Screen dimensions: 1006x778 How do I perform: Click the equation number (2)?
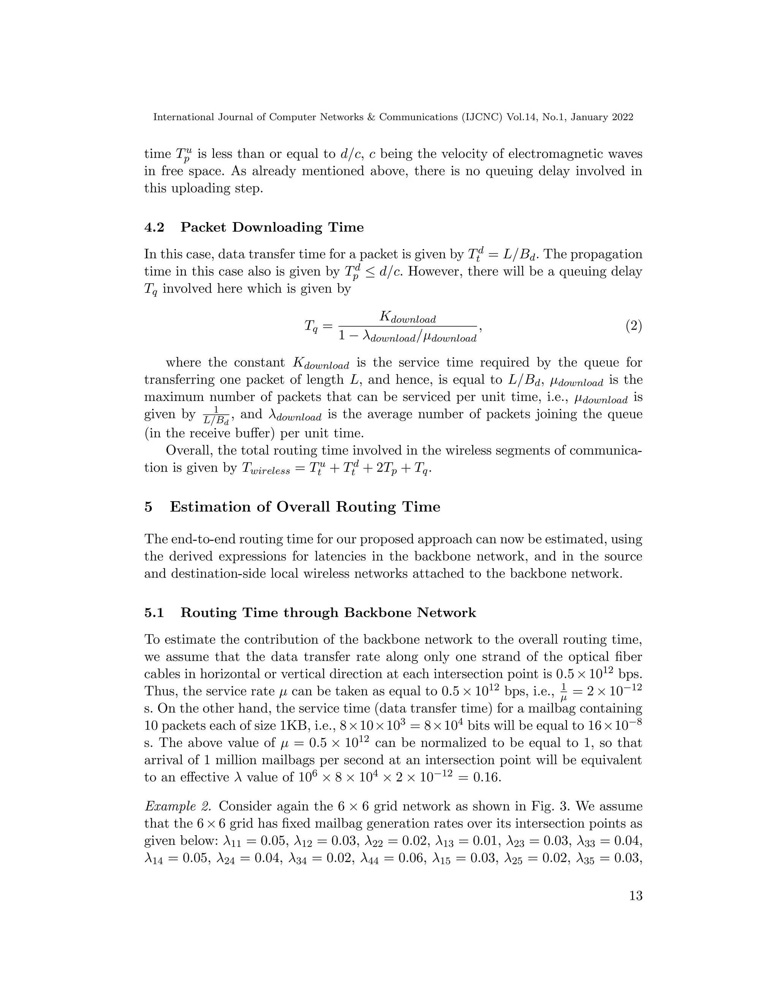click(x=633, y=326)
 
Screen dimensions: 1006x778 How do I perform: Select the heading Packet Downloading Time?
click(x=272, y=227)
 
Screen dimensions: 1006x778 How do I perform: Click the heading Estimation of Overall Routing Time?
click(x=305, y=507)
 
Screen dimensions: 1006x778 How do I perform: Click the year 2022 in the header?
click(x=622, y=117)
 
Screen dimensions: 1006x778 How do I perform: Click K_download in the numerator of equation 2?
click(x=408, y=317)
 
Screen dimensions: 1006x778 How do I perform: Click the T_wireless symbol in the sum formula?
click(x=266, y=468)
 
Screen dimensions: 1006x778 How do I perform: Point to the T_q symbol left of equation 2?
click(x=311, y=326)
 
